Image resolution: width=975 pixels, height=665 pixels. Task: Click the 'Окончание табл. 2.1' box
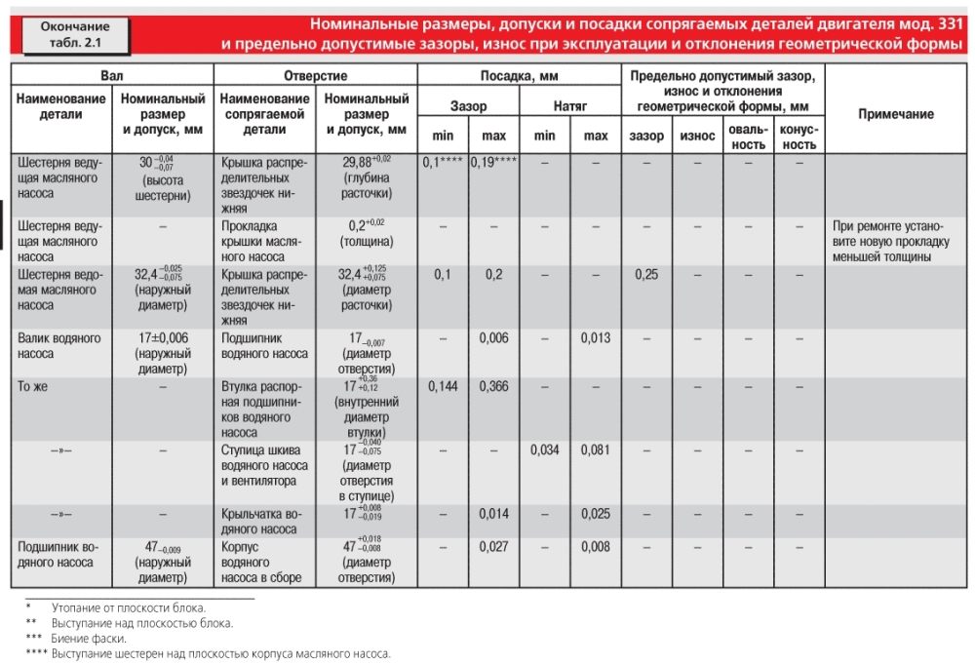[75, 35]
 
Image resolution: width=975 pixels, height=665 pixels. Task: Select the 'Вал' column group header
[112, 76]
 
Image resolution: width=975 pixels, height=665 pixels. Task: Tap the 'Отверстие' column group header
[315, 76]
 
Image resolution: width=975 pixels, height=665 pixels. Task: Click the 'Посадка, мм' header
[520, 76]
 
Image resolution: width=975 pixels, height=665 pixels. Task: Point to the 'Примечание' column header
[896, 114]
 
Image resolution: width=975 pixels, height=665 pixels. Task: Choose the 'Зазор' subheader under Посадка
[468, 105]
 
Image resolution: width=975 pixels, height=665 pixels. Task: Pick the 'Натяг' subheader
[570, 105]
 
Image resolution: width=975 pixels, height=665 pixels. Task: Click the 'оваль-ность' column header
[749, 137]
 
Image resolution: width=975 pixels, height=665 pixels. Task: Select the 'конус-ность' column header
[799, 137]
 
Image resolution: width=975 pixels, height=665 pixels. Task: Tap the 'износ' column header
[698, 136]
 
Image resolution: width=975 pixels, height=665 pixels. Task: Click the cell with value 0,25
[646, 274]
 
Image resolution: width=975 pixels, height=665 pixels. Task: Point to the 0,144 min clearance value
[443, 386]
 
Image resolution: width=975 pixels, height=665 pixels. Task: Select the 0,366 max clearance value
[493, 386]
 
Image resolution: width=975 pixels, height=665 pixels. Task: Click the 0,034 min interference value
[545, 450]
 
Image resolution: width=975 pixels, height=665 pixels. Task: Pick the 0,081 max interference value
[596, 450]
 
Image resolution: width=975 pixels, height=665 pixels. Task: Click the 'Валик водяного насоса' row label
[59, 346]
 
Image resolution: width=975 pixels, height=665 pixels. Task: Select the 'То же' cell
[32, 386]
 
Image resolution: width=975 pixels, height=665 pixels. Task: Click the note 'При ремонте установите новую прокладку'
[891, 242]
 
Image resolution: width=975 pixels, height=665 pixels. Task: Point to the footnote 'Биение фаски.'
[89, 639]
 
